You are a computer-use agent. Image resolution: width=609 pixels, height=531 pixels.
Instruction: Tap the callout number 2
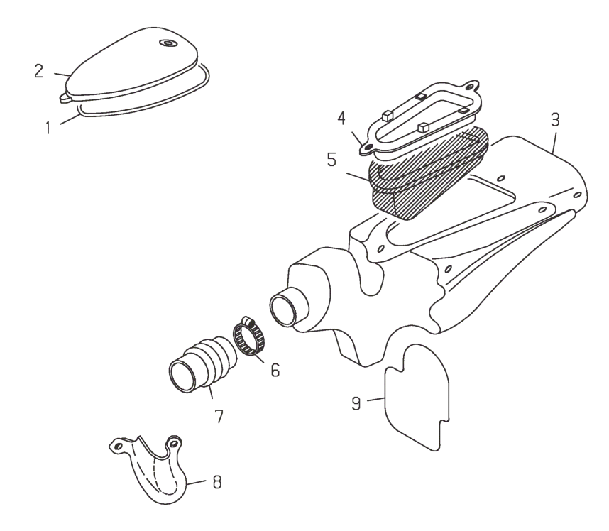point(39,72)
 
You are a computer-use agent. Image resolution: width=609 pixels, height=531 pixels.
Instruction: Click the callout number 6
point(273,370)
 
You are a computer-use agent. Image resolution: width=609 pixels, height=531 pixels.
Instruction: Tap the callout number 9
point(356,403)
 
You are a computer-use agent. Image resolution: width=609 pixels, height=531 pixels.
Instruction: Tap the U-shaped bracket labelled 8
point(153,469)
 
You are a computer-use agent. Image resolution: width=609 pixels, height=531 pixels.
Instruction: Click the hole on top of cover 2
point(168,44)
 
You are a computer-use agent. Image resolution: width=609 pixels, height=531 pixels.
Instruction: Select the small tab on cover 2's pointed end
point(65,99)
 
